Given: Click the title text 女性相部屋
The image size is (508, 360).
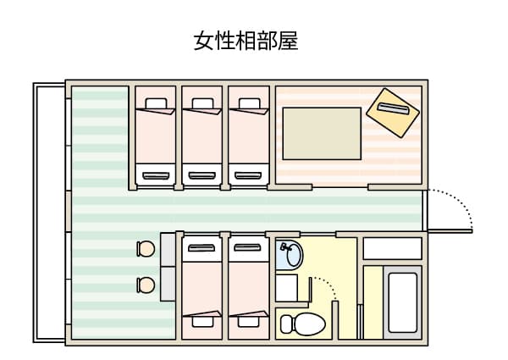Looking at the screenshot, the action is point(246,41).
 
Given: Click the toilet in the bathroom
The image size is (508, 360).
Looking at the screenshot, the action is point(302,324).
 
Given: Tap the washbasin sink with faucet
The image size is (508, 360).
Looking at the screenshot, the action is point(290,254).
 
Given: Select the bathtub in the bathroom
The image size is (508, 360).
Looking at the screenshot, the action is point(403,302).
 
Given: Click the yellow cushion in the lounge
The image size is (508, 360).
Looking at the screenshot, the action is point(393,113).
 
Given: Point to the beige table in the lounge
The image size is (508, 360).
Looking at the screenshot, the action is point(322,134).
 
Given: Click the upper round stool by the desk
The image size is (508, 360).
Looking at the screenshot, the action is point(146,249).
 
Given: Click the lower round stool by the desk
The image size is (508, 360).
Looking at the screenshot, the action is point(146,285).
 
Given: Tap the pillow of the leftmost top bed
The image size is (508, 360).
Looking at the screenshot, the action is point(156,103).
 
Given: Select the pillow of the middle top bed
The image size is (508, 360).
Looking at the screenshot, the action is point(202,103).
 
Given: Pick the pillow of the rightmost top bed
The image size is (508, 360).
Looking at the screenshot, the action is point(249,103).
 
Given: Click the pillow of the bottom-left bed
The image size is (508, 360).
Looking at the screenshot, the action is point(202,321).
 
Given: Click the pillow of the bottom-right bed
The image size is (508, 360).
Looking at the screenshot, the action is point(249,321).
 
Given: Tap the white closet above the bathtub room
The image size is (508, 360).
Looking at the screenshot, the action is point(392,248).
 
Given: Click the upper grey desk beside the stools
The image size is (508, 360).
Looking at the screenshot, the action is point(168,249).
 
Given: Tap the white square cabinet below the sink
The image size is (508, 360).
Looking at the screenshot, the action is point(287,288).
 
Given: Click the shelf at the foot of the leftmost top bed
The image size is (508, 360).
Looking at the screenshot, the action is point(156,175).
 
